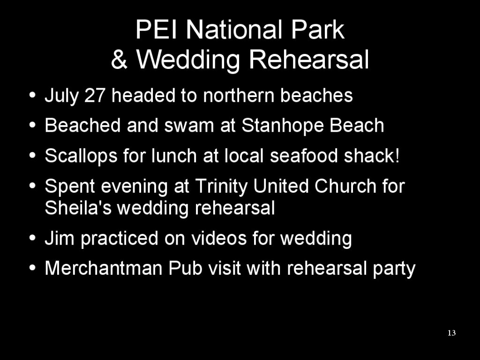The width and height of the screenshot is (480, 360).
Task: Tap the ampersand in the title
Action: pyautogui.click(x=119, y=60)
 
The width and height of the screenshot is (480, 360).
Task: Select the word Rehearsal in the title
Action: pyautogui.click(x=309, y=60)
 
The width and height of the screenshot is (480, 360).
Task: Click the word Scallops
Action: pyautogui.click(x=81, y=156)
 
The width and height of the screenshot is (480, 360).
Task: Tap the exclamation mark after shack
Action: pyautogui.click(x=397, y=155)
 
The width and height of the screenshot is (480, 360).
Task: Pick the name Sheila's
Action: pyautogui.click(x=78, y=208)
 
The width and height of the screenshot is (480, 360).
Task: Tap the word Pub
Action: pyautogui.click(x=185, y=268)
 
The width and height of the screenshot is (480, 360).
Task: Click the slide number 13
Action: pyautogui.click(x=451, y=333)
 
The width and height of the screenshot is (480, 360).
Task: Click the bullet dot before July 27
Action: pyautogui.click(x=32, y=95)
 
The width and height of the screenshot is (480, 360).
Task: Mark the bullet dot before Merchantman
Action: pyautogui.click(x=32, y=268)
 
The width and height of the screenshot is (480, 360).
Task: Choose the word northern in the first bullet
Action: pyautogui.click(x=239, y=95)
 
